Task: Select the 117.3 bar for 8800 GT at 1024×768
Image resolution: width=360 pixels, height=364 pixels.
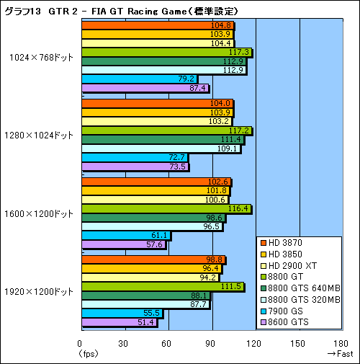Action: [166, 52]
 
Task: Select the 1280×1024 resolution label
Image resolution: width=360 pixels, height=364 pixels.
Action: [42, 135]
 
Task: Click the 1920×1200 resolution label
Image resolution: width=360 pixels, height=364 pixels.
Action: [42, 291]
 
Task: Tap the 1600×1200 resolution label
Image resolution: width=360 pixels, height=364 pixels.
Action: [42, 213]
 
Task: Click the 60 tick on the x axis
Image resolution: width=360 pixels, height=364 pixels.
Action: [168, 343]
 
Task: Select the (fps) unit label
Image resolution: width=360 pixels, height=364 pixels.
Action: [86, 353]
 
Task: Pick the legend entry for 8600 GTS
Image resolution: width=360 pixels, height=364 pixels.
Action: [289, 322]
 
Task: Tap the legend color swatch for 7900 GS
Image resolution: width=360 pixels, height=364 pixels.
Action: [264, 311]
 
